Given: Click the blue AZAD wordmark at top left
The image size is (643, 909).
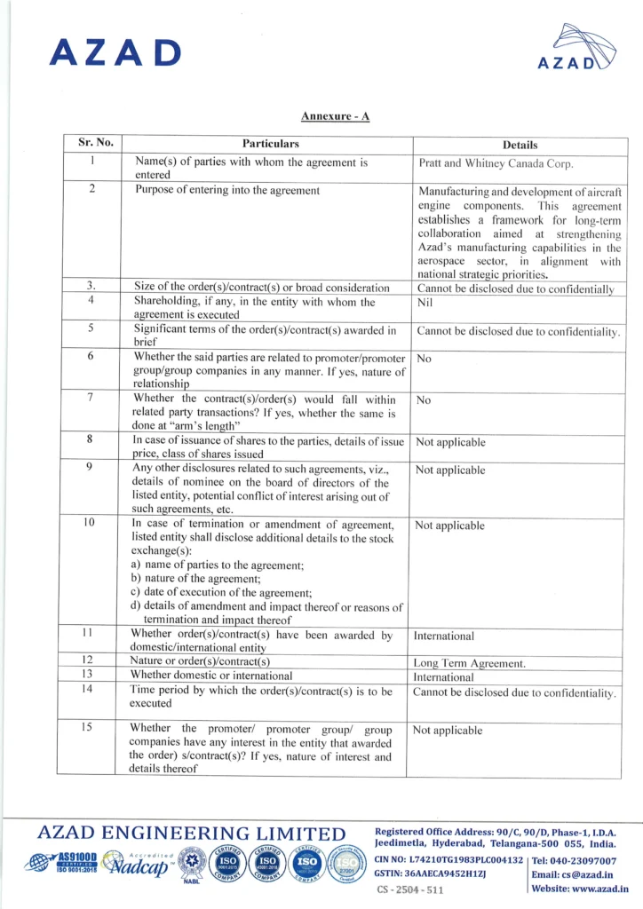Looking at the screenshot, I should [x=115, y=52].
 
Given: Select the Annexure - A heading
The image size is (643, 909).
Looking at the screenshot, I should [x=334, y=116].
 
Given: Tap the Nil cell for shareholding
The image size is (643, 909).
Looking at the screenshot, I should [x=424, y=303].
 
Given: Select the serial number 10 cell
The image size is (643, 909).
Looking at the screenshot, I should [x=89, y=522].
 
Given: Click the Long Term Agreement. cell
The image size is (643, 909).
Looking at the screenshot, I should [x=470, y=663].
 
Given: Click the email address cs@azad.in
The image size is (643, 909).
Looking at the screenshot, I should [x=587, y=874].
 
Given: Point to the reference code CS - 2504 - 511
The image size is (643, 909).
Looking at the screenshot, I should [x=410, y=889].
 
